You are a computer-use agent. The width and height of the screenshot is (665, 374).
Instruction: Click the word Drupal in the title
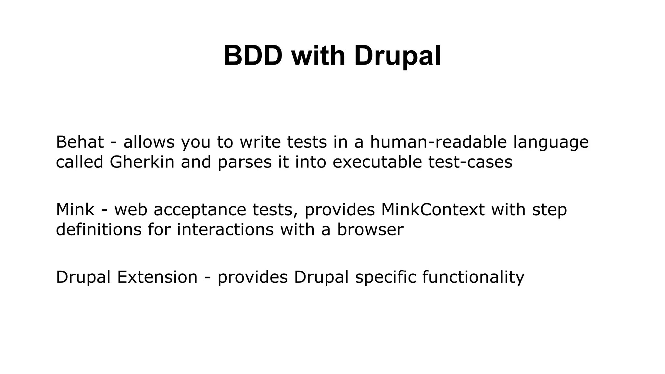[x=397, y=56]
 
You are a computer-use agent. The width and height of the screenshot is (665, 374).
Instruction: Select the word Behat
[x=80, y=142]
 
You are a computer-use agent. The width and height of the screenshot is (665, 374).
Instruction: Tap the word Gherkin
[x=142, y=162]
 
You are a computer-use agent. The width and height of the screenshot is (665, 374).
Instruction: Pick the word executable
[x=377, y=162]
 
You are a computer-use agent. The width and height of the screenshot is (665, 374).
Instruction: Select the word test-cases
[x=470, y=162]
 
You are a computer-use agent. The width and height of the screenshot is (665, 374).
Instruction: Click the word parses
[x=245, y=162]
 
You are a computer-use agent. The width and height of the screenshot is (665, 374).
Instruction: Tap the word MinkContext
[x=433, y=209]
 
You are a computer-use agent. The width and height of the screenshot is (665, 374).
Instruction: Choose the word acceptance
[x=200, y=210]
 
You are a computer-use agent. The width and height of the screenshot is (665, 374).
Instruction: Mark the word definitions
[x=99, y=229]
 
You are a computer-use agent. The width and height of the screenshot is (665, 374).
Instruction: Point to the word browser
[x=370, y=229]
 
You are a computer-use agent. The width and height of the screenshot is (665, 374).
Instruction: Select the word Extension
[x=157, y=277]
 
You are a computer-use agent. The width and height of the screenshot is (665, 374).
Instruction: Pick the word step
[x=549, y=210]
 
